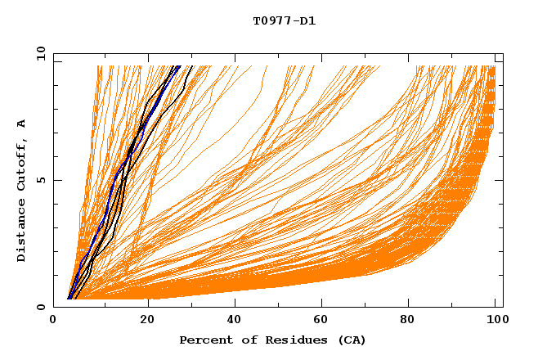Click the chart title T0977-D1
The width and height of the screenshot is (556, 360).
pyautogui.click(x=284, y=21)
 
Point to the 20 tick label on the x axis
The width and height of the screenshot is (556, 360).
pyautogui.click(x=149, y=321)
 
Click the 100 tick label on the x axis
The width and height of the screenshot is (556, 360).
pyautogui.click(x=495, y=321)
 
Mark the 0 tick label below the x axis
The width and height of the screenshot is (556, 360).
pyautogui.click(x=54, y=321)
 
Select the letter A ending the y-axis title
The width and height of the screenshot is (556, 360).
pyautogui.click(x=22, y=124)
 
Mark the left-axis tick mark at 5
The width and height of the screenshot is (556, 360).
pyautogui.click(x=56, y=181)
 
